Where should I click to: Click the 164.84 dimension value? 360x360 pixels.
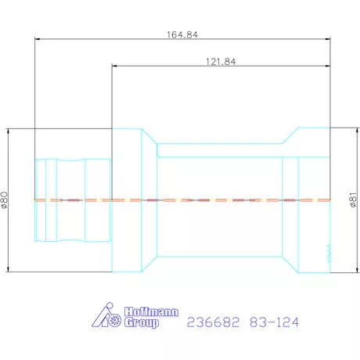coord(182,34)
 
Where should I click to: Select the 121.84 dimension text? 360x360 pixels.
coord(221,62)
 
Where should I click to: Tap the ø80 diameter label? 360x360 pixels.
coord(5,200)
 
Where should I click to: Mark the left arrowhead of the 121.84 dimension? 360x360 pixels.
coord(116,66)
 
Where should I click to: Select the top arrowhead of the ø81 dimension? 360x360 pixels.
coord(347,131)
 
